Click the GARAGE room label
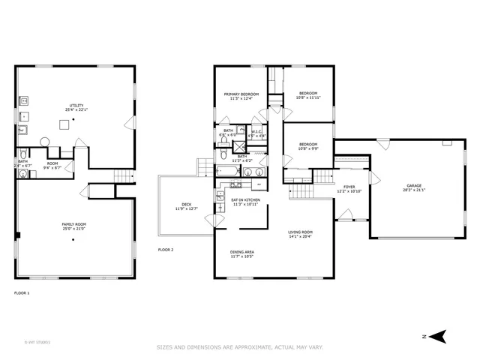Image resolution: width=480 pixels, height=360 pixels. click(414, 187)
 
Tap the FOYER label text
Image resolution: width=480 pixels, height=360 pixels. click(349, 187)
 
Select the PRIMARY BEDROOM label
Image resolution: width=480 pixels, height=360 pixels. click(240, 94)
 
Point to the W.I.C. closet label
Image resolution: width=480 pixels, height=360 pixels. click(256, 131)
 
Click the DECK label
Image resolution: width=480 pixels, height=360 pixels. click(186, 205)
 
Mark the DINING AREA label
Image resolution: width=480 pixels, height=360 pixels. click(243, 253)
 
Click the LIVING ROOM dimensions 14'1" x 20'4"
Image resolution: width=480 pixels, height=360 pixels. click(301, 237)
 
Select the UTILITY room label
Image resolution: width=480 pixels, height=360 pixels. click(76, 106)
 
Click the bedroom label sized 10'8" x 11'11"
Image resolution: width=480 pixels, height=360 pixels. click(307, 94)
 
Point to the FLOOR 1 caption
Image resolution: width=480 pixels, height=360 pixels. click(22, 292)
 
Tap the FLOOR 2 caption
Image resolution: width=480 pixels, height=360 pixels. click(166, 249)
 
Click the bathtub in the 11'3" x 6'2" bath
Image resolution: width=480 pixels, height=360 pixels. click(227, 171)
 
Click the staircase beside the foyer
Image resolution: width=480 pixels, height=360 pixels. click(322, 178)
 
